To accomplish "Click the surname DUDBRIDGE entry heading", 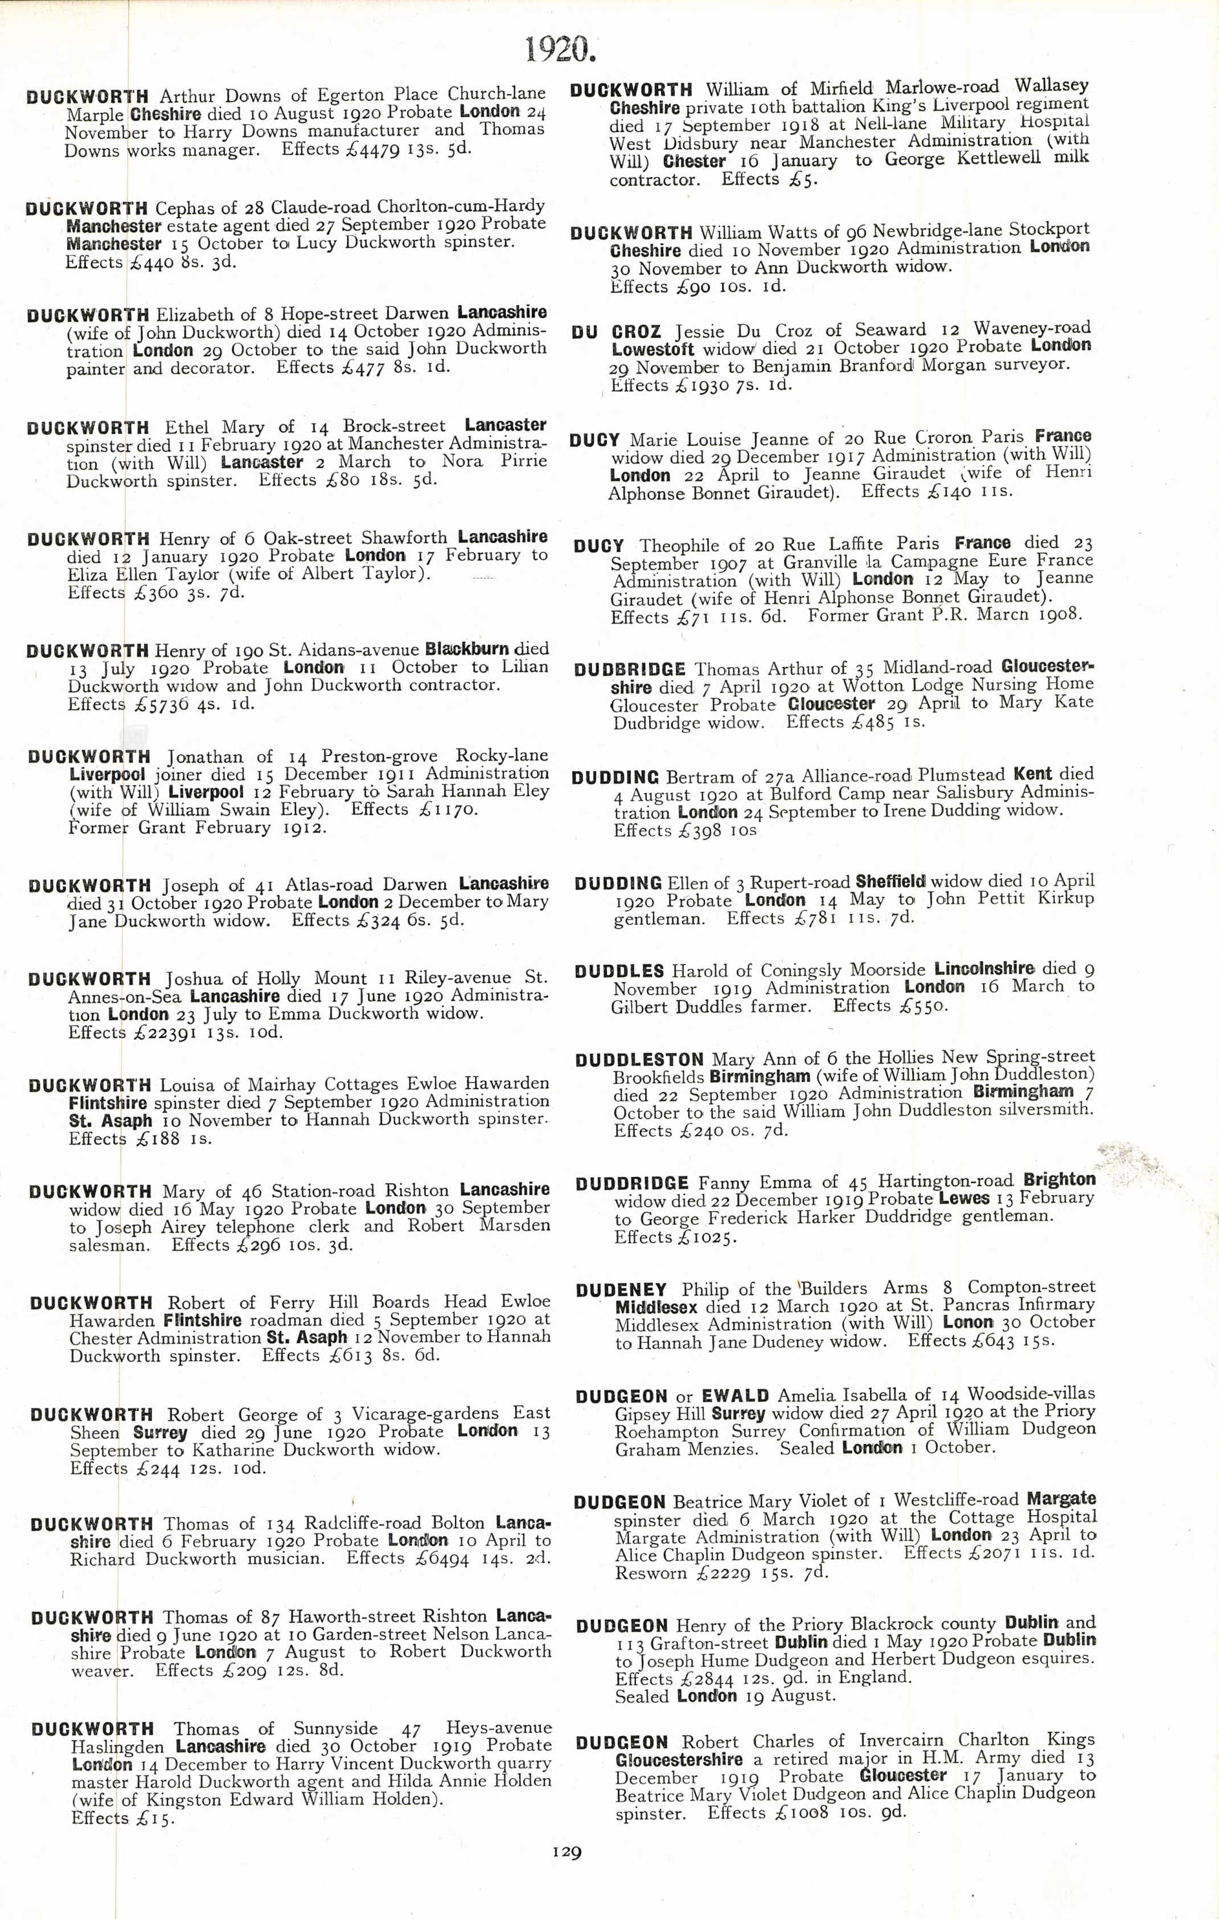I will point(629,670).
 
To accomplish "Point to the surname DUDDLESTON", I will point(639,1060).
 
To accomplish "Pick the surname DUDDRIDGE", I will point(632,1183).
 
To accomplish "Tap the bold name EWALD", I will point(734,1396).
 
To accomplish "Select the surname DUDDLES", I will point(619,971).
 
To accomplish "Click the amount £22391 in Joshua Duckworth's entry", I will point(154,1033).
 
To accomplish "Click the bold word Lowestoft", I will point(652,349).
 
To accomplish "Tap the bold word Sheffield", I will point(890,882).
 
